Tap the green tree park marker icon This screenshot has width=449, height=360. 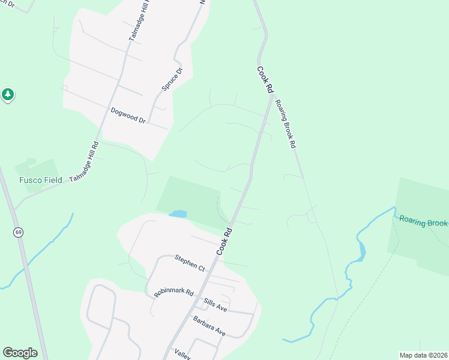(x=7, y=94)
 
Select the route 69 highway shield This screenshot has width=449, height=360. (x=19, y=232)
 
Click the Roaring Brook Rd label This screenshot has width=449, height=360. (x=285, y=123)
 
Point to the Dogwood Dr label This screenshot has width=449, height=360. (x=128, y=115)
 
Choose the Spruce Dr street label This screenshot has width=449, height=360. (x=172, y=79)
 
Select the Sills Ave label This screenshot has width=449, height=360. (x=214, y=308)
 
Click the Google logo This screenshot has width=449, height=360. (x=20, y=353)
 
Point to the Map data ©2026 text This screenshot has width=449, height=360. (x=423, y=355)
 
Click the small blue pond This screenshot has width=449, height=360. (x=178, y=214)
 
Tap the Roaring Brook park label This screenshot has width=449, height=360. (x=424, y=223)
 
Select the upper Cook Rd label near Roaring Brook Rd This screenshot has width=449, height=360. (x=265, y=79)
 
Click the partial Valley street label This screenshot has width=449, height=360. (x=182, y=354)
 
